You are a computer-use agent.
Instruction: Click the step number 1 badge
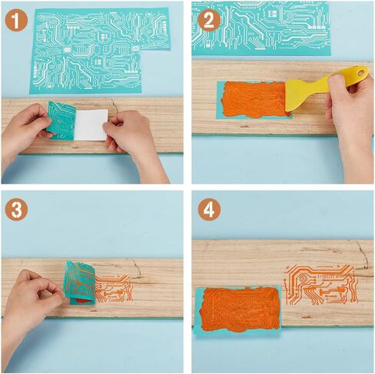(x=16, y=20)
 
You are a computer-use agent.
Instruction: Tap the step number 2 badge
(x=209, y=20)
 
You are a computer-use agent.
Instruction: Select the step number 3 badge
(x=16, y=209)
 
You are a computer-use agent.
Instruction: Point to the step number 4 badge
(x=209, y=209)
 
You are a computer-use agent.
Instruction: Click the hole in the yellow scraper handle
(x=361, y=73)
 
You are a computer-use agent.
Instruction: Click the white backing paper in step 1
(x=91, y=125)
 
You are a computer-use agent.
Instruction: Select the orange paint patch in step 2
(x=254, y=100)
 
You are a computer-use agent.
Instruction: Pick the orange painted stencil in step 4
(x=238, y=309)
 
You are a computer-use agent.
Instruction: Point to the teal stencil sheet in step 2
(x=261, y=28)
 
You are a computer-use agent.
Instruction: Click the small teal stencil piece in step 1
(x=61, y=121)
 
